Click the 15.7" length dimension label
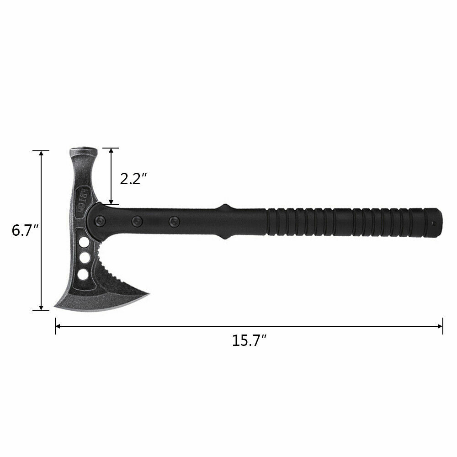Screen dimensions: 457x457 249,341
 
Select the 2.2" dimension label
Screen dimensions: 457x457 133,178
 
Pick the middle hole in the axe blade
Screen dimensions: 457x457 84,258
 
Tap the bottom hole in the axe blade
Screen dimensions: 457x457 83,274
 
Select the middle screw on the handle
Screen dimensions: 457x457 136,221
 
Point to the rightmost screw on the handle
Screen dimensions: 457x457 173,221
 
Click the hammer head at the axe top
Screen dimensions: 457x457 83,152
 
